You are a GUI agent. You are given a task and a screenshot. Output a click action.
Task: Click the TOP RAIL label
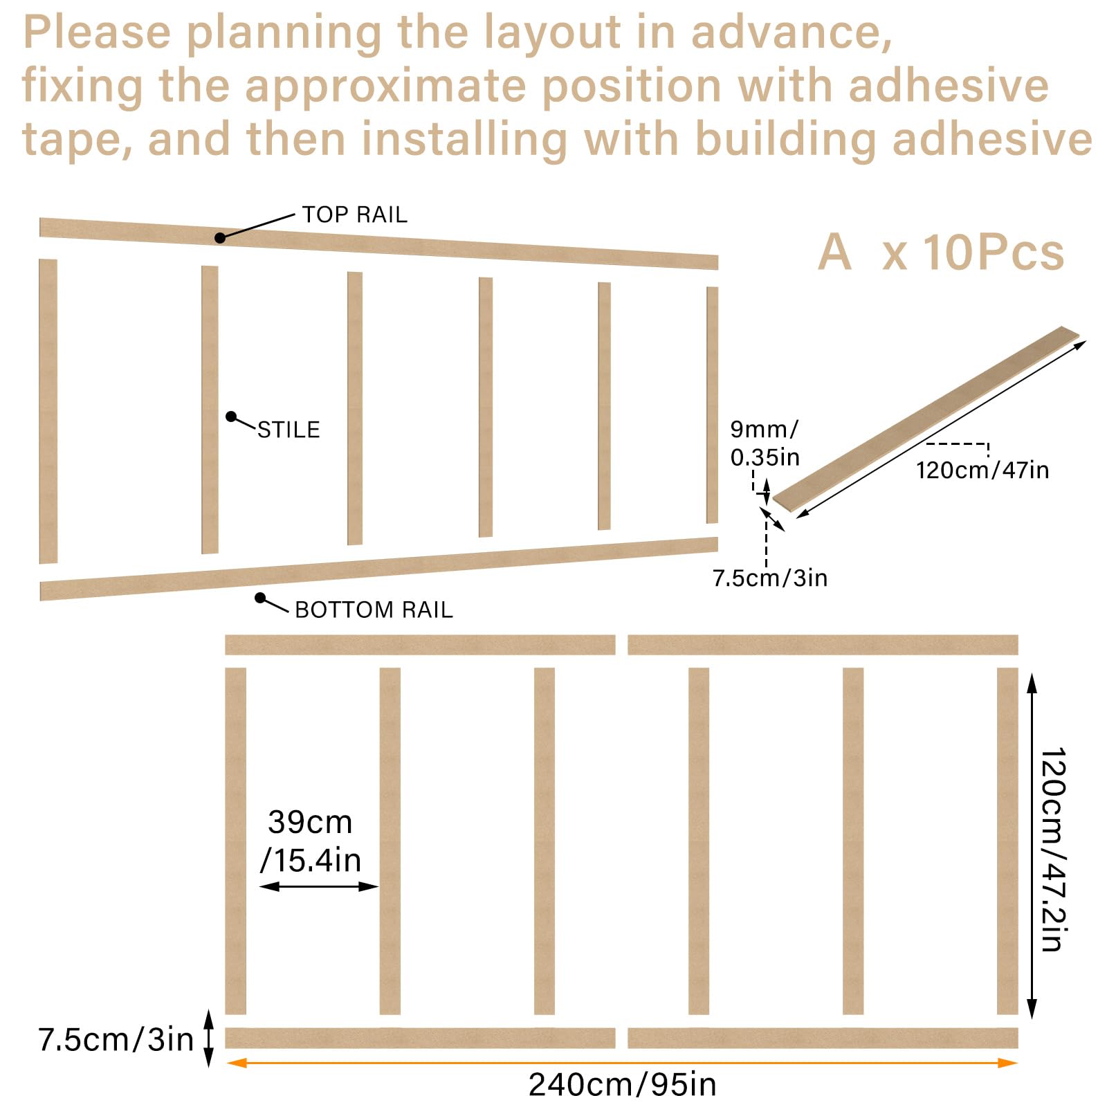354,214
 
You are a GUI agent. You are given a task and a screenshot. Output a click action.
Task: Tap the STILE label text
289,430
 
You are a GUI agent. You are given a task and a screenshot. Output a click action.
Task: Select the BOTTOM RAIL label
374,610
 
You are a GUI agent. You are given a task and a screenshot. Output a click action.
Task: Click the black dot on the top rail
220,238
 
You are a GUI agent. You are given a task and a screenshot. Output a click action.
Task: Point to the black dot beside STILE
231,417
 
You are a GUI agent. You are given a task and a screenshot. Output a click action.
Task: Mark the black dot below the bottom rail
260,598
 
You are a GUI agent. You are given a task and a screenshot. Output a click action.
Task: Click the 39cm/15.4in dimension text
311,841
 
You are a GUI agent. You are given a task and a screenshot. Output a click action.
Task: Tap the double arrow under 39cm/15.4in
319,886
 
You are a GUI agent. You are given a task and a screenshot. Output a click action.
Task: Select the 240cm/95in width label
622,1084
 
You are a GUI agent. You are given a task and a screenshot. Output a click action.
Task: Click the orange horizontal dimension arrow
621,1063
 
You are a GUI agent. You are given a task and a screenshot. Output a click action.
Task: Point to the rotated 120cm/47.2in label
1053,849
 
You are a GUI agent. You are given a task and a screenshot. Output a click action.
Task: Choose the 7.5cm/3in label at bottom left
116,1039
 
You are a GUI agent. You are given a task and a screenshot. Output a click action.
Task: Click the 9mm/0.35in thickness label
765,443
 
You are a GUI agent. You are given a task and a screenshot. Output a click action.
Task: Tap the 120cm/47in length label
982,470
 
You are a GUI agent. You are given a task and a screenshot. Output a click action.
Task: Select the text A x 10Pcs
941,252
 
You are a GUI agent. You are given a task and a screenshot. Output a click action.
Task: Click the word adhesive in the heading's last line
992,139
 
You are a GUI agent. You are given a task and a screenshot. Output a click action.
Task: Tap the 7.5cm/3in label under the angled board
770,578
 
